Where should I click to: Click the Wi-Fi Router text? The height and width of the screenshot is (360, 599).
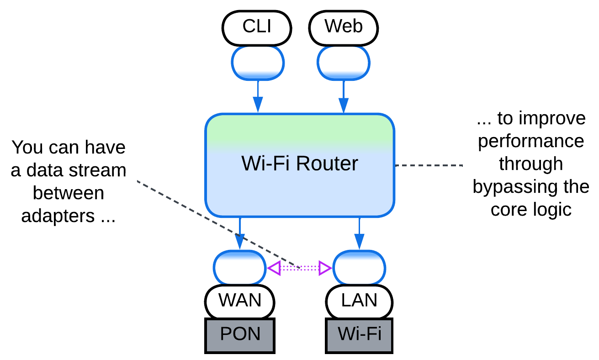coord(300,164)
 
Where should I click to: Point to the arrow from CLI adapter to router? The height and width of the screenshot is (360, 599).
coord(258,96)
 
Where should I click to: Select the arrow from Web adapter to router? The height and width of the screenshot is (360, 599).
coord(343,96)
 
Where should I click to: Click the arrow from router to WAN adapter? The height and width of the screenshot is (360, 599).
coord(240,233)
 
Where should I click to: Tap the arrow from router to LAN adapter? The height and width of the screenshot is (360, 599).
coord(360,233)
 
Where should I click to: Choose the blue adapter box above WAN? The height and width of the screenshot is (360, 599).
coord(240,268)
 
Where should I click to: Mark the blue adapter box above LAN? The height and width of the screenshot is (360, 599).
coord(360,268)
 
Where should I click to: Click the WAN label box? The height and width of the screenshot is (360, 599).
coord(240,301)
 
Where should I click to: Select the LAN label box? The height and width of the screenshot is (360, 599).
coord(360,301)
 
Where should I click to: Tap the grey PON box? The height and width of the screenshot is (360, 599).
coord(240,335)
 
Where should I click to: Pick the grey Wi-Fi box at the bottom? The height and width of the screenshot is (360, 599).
coord(360,335)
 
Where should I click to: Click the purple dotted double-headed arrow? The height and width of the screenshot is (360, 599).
coord(300,268)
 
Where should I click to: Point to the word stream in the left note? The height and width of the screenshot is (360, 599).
coord(98,170)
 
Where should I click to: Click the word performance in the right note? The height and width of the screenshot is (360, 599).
coord(531,141)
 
